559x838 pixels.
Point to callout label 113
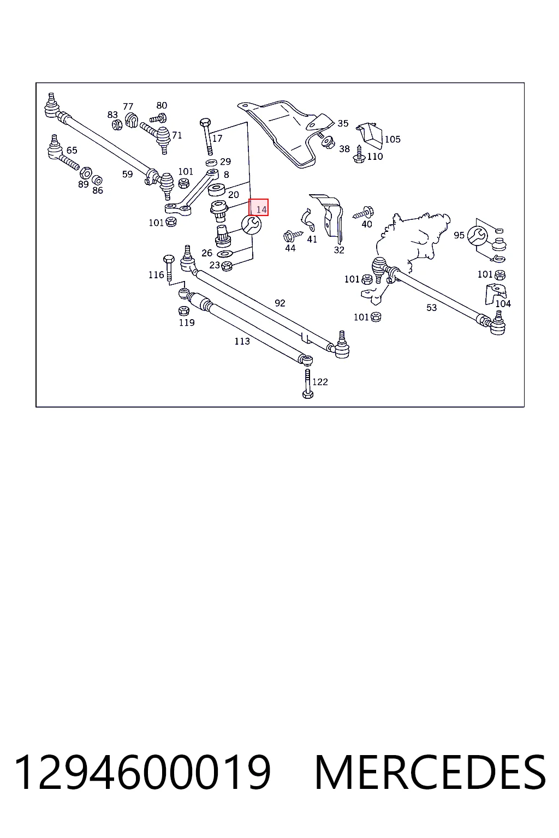click(242, 341)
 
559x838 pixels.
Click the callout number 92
click(279, 303)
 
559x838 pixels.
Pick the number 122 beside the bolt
click(320, 382)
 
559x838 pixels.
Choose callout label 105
click(393, 139)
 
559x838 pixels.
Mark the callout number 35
click(343, 123)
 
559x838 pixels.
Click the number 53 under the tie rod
click(431, 308)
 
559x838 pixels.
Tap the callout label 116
click(156, 275)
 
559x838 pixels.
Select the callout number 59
click(127, 174)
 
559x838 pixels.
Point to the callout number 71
click(177, 135)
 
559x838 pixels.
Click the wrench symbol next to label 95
click(477, 235)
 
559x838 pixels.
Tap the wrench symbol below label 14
click(251, 225)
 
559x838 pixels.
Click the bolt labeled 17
click(206, 137)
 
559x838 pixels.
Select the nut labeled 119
click(183, 310)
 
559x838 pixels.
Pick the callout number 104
click(503, 303)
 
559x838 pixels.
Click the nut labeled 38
click(329, 142)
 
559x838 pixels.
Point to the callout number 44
click(290, 248)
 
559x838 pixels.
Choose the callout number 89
click(83, 184)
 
